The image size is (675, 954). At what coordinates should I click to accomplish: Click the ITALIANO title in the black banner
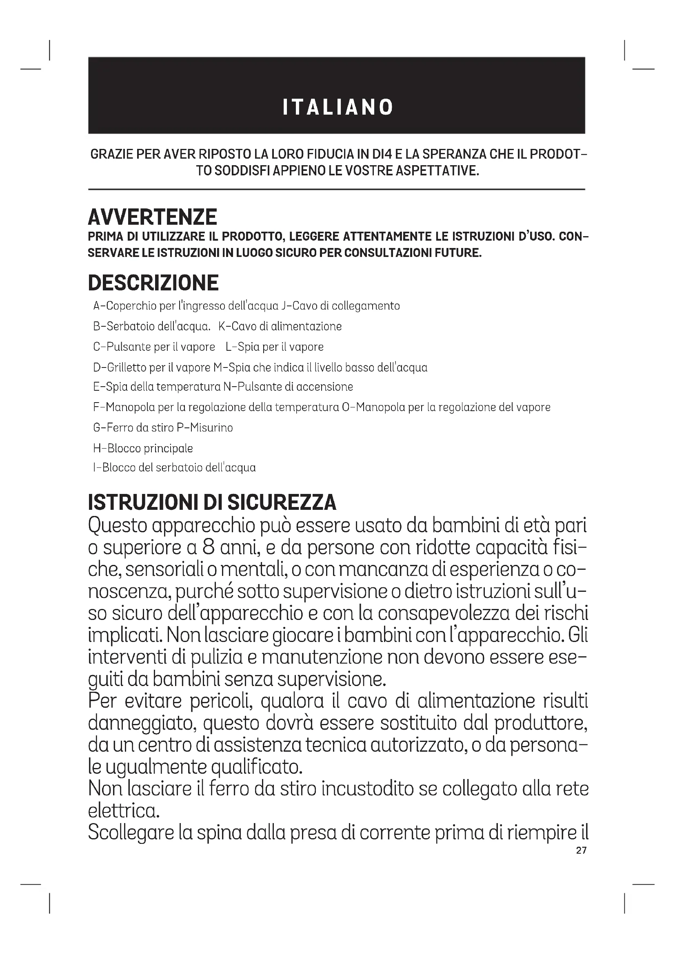click(x=337, y=107)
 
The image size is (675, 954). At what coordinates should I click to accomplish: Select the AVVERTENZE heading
click(x=153, y=217)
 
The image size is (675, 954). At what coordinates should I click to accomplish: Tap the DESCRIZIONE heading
click(x=153, y=283)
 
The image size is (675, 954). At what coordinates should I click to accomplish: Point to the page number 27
click(x=581, y=850)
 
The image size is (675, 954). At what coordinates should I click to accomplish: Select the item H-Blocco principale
click(x=143, y=448)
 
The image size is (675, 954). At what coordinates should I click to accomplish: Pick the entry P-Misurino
click(x=204, y=427)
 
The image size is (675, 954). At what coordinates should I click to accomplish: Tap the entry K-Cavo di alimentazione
click(x=280, y=326)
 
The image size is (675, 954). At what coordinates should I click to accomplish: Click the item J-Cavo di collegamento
click(x=340, y=306)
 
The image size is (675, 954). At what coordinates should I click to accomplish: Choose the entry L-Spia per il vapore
click(x=275, y=347)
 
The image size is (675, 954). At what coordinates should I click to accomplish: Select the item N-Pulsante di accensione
click(x=288, y=387)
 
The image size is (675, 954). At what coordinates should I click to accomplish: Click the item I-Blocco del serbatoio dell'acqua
click(x=175, y=468)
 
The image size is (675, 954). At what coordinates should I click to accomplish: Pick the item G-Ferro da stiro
click(x=133, y=427)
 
